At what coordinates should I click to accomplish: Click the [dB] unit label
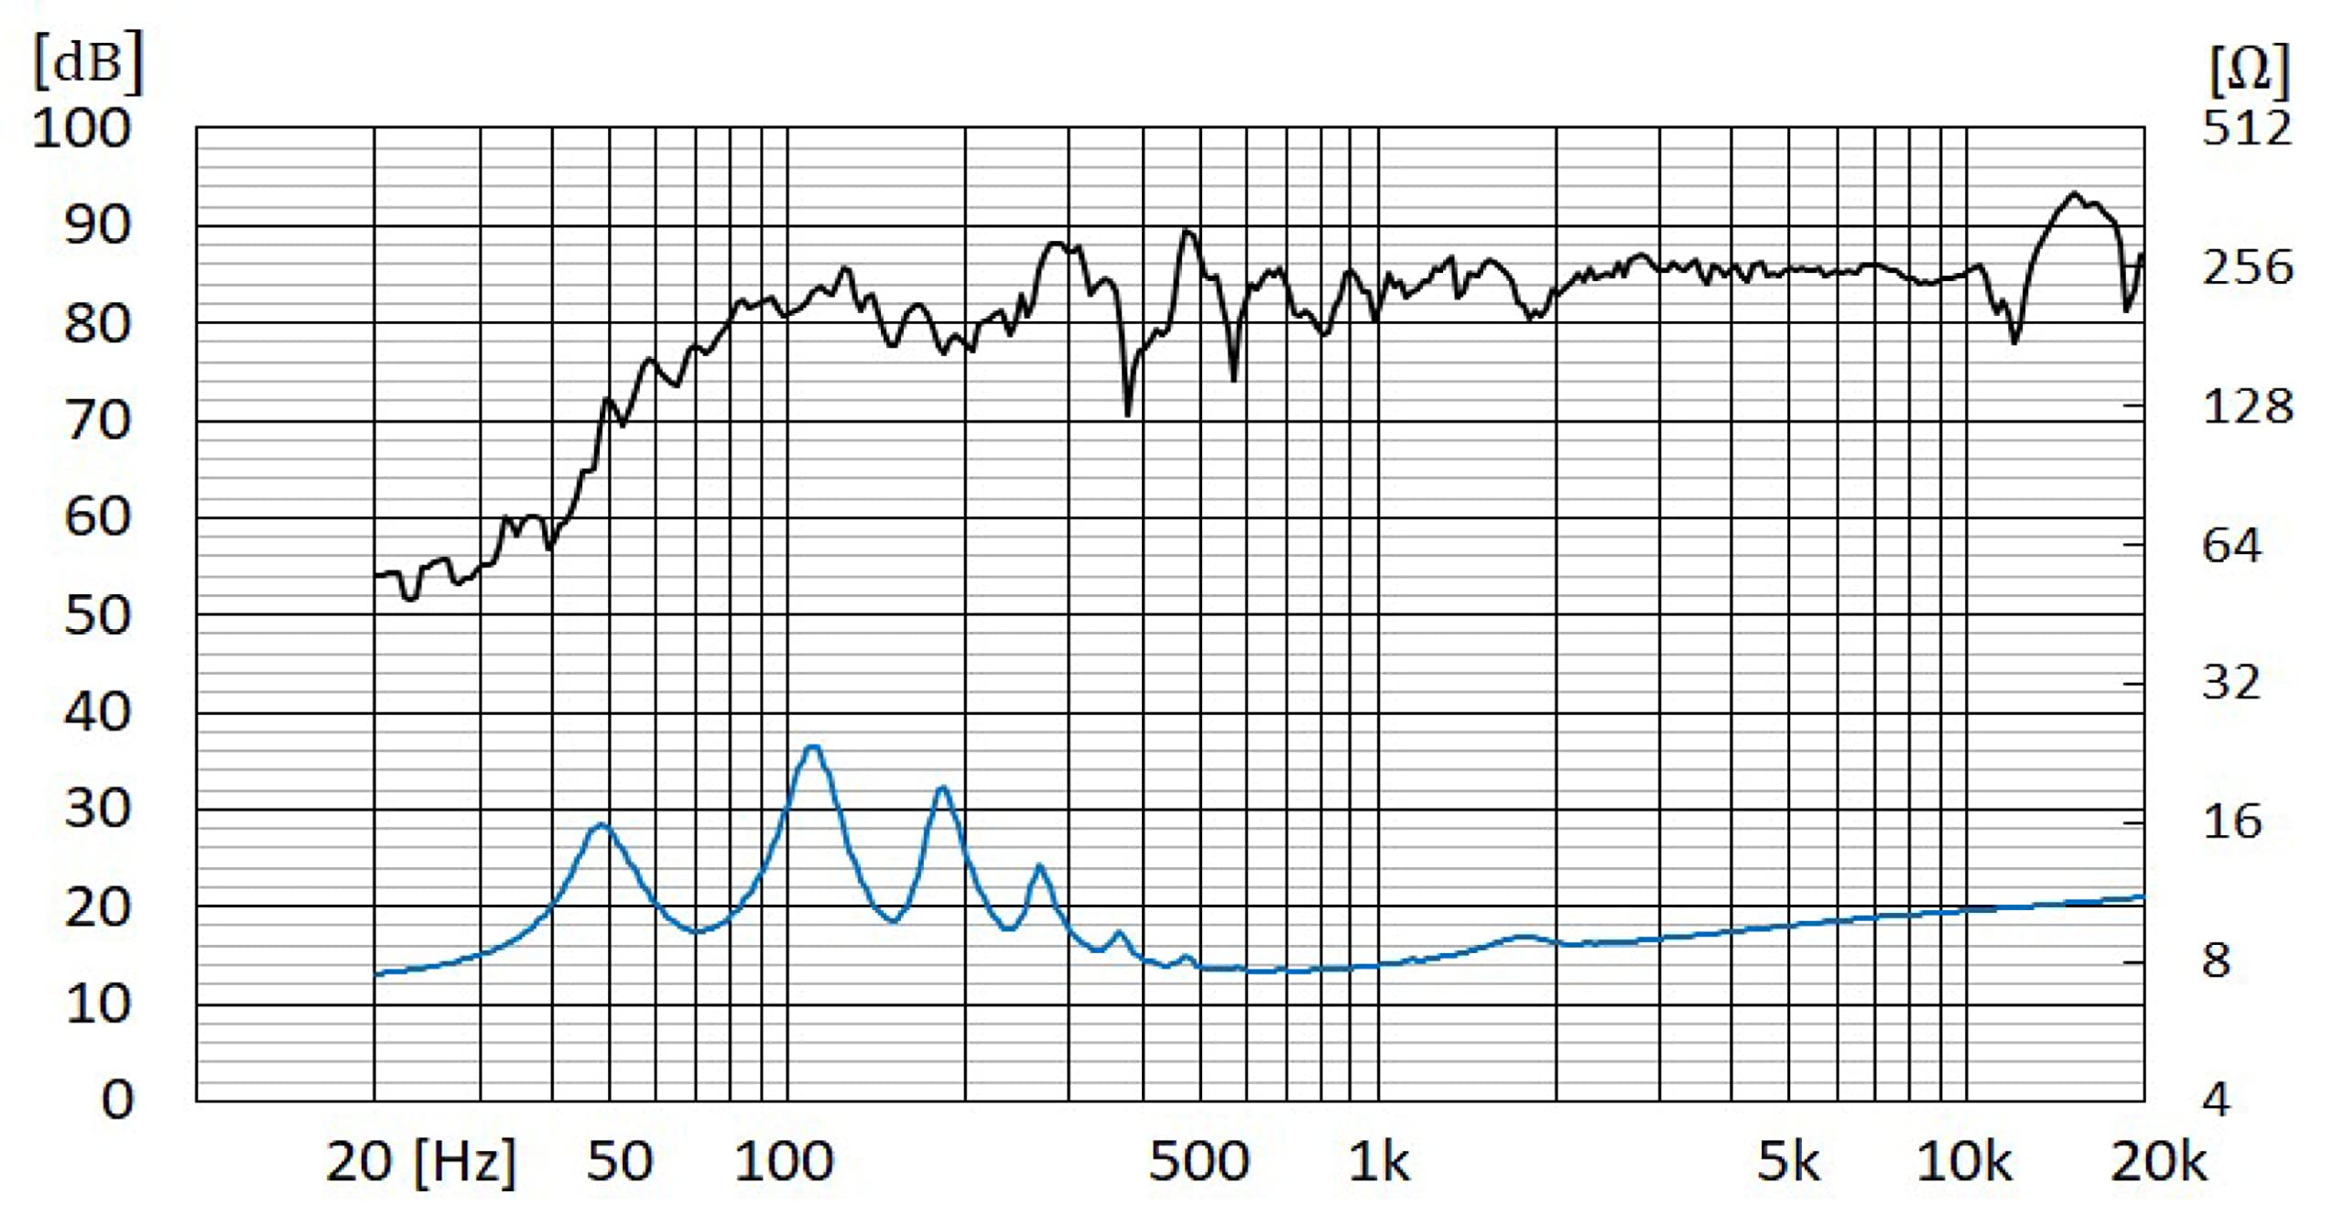(89, 61)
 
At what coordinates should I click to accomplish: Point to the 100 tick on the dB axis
(81, 128)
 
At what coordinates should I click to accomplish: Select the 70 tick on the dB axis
(97, 421)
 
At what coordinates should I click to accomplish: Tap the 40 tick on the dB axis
(97, 712)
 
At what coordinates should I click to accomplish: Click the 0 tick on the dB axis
(117, 1100)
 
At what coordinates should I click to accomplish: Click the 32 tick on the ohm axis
(2231, 682)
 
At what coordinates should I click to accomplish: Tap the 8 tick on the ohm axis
(2216, 960)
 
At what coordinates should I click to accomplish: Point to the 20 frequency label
(359, 1163)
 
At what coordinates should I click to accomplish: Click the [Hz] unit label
(465, 1163)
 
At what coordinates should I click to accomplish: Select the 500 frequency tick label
(1199, 1163)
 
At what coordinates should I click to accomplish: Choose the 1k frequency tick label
(1379, 1163)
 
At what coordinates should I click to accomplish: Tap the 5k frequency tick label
(1788, 1163)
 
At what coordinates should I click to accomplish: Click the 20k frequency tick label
(2159, 1163)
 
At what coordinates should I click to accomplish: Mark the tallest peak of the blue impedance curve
(812, 747)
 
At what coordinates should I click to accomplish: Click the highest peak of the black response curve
(2075, 193)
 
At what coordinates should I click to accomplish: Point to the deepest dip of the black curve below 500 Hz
(1127, 415)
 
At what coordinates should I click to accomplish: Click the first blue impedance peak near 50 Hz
(601, 825)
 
